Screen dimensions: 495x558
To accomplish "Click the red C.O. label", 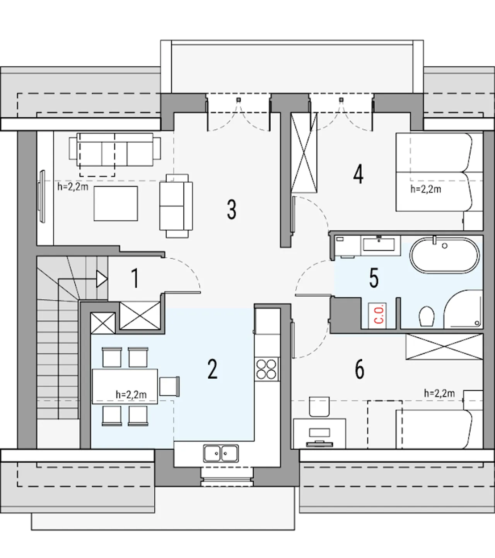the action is click(380, 316).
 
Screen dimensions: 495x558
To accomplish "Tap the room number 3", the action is click(232, 209).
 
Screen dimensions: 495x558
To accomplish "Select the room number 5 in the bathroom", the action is click(374, 278).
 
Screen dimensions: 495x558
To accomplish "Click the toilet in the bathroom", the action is click(427, 316).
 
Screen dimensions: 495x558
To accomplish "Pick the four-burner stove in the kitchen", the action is click(266, 369).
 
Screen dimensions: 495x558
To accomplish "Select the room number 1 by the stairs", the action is click(135, 279).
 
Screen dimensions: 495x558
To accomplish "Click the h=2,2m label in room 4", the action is click(426, 189).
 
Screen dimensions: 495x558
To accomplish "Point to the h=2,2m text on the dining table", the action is click(131, 395).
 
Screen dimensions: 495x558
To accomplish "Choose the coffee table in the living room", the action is click(116, 204).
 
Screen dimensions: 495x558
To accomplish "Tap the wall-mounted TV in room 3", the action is click(42, 197).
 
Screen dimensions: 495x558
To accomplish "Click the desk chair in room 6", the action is click(319, 407).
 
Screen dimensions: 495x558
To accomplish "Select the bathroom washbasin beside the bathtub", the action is click(379, 244).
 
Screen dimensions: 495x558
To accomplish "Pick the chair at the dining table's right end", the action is click(169, 387).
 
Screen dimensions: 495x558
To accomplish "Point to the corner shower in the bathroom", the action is click(463, 309).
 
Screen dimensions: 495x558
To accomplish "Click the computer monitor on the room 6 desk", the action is click(320, 433).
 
